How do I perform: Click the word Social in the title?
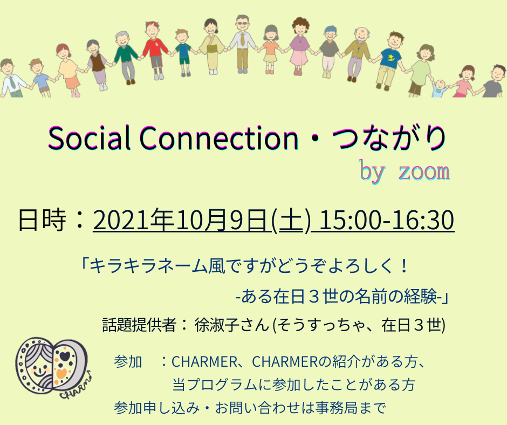point(90,138)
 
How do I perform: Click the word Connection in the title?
point(219,138)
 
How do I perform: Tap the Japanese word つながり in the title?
point(389,138)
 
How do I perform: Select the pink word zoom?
point(424,172)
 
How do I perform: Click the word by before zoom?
point(372,171)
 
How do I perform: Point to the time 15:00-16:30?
point(386,220)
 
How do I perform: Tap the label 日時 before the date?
point(42,220)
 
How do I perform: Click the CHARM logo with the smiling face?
point(53,367)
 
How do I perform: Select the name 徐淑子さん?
point(232,325)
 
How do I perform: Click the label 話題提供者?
point(139,325)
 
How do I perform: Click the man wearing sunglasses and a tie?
point(242,43)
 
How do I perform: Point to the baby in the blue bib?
point(440,88)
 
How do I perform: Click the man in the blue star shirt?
point(389,60)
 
